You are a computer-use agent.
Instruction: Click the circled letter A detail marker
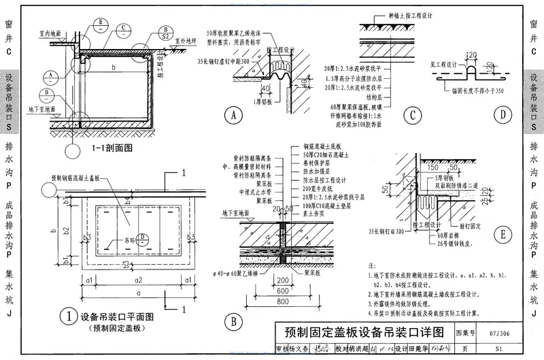[x=234, y=116]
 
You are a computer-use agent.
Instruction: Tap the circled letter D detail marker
[x=503, y=115]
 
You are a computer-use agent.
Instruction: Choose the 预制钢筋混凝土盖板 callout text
[x=74, y=178]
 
